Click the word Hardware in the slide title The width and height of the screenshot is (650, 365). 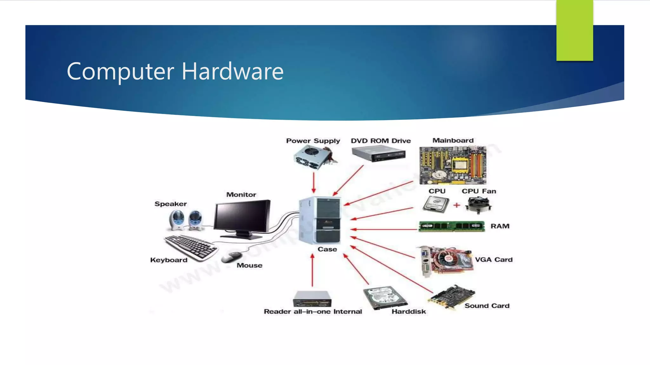coord(232,71)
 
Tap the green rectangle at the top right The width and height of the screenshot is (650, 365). coord(574,30)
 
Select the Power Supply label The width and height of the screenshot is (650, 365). coord(313,141)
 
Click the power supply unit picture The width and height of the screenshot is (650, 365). coord(313,157)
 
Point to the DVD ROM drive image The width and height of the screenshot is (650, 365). coord(379,155)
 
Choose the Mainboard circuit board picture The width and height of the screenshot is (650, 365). coord(453,165)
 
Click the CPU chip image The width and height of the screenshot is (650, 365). coord(436,204)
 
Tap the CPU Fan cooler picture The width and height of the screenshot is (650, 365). coord(478,205)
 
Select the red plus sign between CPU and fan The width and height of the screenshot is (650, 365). coord(456,205)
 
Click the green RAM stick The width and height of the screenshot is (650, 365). coord(451,226)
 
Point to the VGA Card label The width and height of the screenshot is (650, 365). coord(494,259)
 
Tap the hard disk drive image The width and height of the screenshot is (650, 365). coord(384,298)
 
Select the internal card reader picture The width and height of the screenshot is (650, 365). coord(312,299)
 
